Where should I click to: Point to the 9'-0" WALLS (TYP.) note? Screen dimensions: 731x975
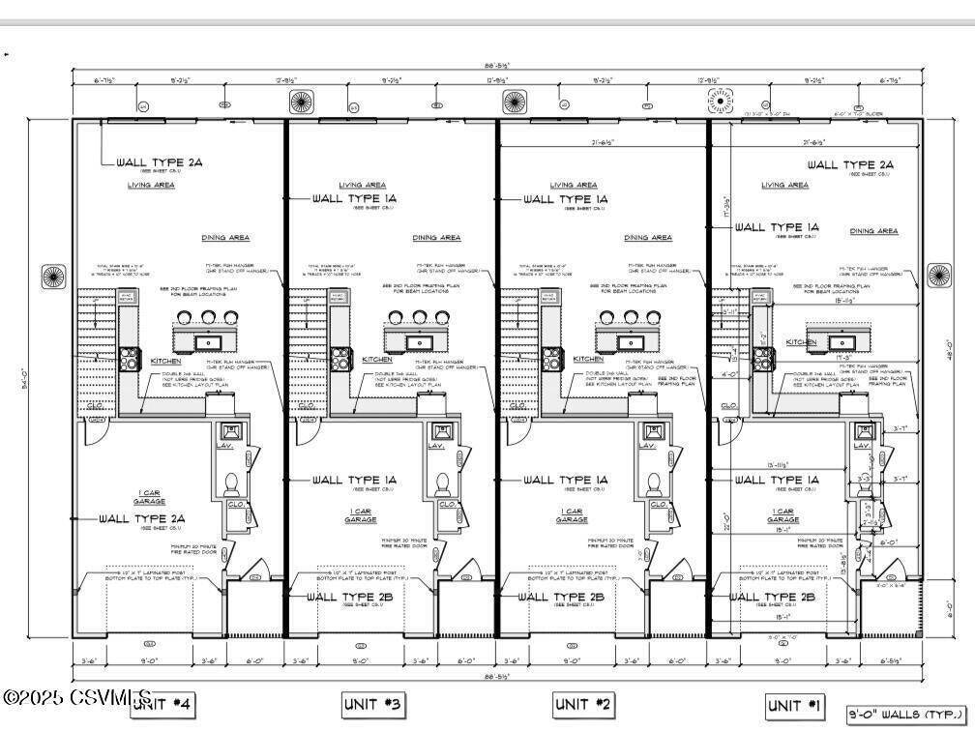(x=903, y=716)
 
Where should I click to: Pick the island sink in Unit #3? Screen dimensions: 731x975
(x=420, y=341)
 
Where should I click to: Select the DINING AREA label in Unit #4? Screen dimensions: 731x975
(x=225, y=237)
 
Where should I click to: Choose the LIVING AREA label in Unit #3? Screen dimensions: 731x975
(x=363, y=185)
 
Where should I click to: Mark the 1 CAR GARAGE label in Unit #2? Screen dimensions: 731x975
(x=572, y=514)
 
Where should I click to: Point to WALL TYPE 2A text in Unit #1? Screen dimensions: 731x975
(x=850, y=165)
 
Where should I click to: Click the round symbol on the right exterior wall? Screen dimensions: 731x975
(x=939, y=276)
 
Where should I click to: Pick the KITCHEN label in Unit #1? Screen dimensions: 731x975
(x=801, y=342)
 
